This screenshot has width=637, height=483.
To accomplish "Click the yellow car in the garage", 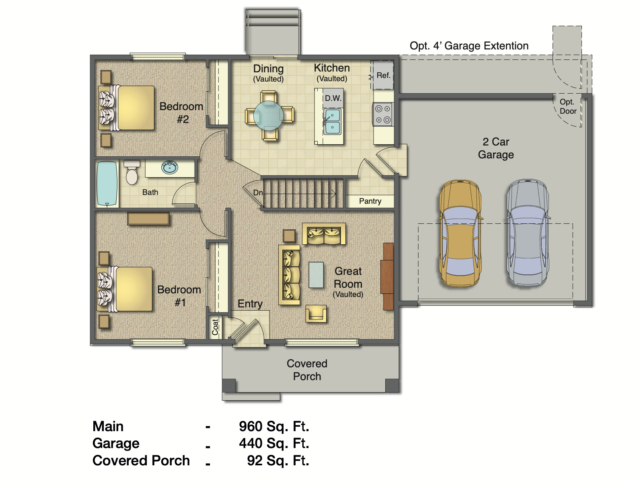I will coord(460,233).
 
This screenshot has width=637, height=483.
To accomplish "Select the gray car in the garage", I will coord(528,233).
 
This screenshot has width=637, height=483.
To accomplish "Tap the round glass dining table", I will coord(269,116).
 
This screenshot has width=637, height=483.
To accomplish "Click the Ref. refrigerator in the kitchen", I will coord(382,75).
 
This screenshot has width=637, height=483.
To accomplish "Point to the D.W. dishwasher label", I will coord(333,98).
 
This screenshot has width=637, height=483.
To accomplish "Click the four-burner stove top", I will coord(383,114).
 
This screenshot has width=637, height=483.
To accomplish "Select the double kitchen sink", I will coord(333,121).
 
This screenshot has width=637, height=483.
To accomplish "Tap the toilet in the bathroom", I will coord(132,173).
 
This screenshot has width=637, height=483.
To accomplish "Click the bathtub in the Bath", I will coord(107,183).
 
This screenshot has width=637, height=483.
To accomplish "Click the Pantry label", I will coord(370,201).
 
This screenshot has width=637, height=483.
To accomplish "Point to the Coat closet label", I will coord(215,327).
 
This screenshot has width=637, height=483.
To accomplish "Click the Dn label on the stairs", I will coord(258,192).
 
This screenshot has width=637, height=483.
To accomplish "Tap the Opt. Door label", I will coord(568,106).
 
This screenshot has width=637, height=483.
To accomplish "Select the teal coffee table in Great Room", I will coord(316,275).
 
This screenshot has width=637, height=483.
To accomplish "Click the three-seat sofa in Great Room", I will coord(290,275).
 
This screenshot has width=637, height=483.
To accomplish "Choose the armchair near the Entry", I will coord(316,314).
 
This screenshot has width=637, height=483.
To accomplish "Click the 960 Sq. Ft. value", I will coord(274,426).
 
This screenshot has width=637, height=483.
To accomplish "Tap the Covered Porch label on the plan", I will coord(307,370).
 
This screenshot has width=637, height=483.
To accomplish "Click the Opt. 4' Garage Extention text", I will coord(469,46).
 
